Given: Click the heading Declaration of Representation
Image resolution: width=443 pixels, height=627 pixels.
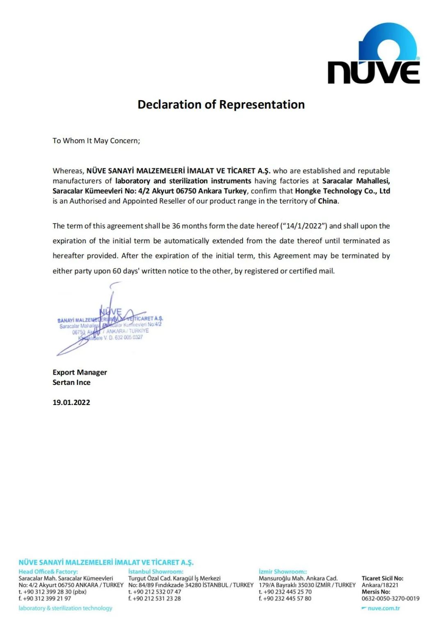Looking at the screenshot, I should (221, 105).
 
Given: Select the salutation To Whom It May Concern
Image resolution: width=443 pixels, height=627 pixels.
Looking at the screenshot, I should (96, 141).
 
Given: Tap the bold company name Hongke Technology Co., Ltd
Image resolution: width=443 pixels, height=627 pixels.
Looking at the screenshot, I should (342, 191).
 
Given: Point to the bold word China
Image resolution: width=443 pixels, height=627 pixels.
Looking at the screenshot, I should (327, 201).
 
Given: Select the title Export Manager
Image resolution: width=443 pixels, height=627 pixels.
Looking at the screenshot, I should (80, 372).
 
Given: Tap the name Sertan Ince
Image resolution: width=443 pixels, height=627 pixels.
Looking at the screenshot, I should (71, 382).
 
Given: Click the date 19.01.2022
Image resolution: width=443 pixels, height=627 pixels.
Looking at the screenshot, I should (71, 403).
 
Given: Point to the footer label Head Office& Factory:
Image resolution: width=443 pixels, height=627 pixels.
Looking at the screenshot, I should (48, 572).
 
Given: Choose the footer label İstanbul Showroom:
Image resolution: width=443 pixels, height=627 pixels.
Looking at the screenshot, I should (156, 572).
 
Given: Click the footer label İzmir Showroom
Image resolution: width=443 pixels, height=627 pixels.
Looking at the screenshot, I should (283, 572).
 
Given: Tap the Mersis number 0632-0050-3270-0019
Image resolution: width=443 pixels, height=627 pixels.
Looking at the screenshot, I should (390, 599).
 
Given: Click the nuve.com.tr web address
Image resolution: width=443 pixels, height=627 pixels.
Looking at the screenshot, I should (384, 608).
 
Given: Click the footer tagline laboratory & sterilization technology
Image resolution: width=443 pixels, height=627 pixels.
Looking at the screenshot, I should (65, 608).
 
